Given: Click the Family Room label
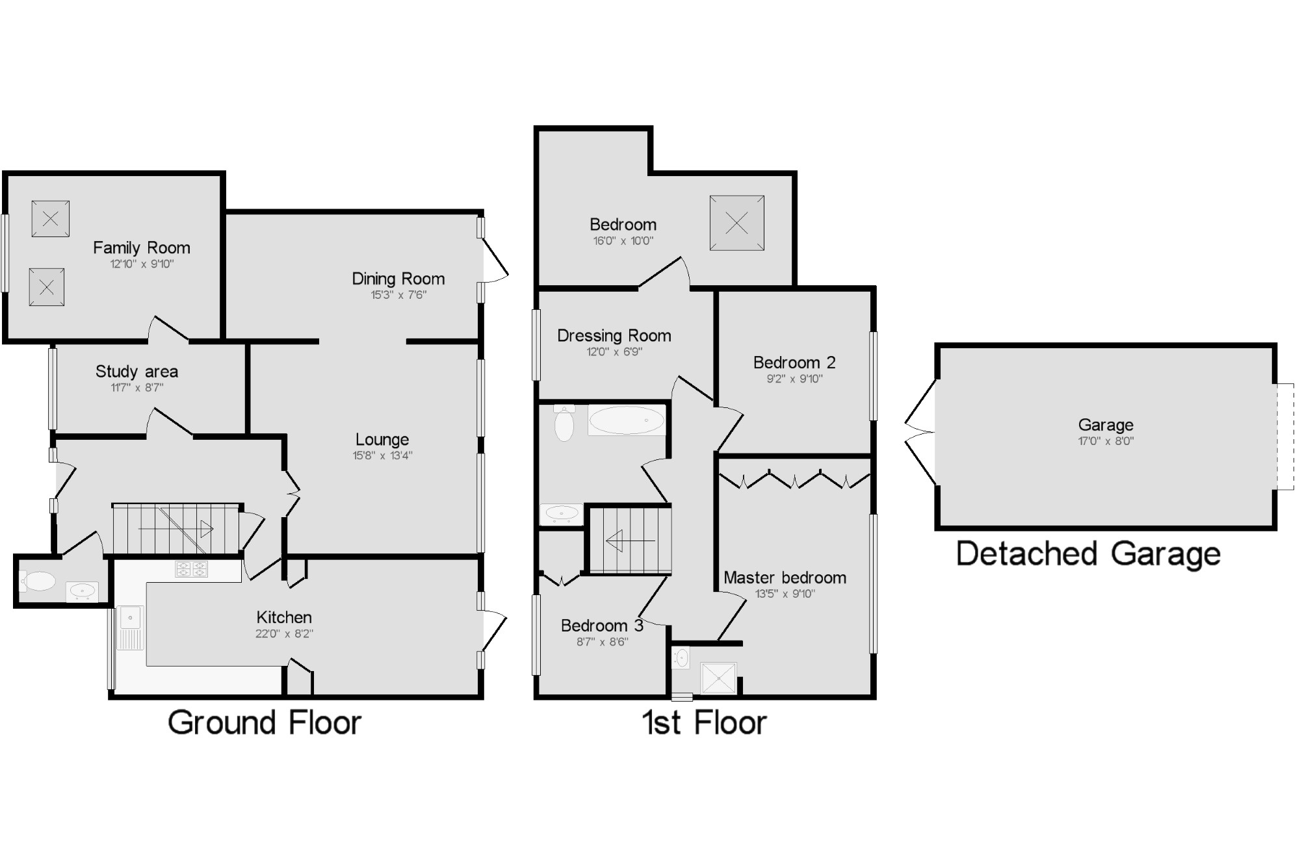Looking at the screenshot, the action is coord(142,248).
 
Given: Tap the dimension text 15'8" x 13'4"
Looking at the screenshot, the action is coord(382,455).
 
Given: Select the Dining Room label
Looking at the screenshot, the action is coord(398,279).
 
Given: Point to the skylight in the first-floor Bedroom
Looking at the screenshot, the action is coord(736,223).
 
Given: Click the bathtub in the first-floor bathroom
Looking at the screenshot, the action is coord(627,420).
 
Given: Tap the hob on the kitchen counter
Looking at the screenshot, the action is coord(192,569).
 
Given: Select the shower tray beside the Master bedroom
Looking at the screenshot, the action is coord(718,678).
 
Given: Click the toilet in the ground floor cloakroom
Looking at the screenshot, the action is coord(38,580).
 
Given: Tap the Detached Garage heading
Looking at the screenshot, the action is coord(1088,554).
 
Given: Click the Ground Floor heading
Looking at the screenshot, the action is coord(264,722).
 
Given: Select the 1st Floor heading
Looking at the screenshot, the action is coord(705,722).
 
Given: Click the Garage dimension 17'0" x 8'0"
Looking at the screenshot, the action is coord(1106,441).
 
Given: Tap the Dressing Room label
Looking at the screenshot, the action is coord(614,336).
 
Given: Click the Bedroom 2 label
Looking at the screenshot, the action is coord(794,363).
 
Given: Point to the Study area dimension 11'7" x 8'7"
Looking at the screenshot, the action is coord(136,388).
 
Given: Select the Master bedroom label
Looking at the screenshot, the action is coord(785,578).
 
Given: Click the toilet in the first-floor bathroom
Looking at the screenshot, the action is coord(564,424).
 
